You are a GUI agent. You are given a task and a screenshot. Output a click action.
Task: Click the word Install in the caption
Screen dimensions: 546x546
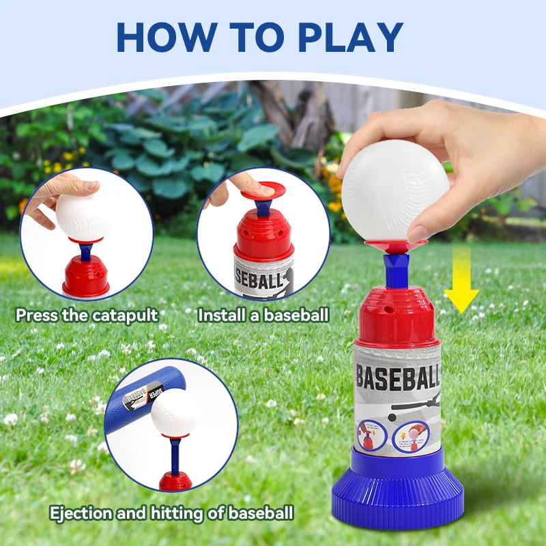point(218,315)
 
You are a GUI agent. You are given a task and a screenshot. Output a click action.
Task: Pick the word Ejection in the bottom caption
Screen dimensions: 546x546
point(77,513)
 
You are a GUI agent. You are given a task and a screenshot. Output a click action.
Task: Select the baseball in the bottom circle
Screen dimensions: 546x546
point(175,414)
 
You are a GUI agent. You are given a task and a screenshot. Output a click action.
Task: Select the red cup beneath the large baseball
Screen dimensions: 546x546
point(396,242)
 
